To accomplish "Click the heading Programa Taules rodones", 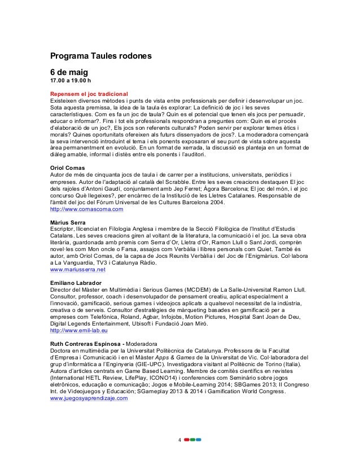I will pyautogui.click(x=99, y=57).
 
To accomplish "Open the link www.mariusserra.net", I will pyautogui.click(x=77, y=270).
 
